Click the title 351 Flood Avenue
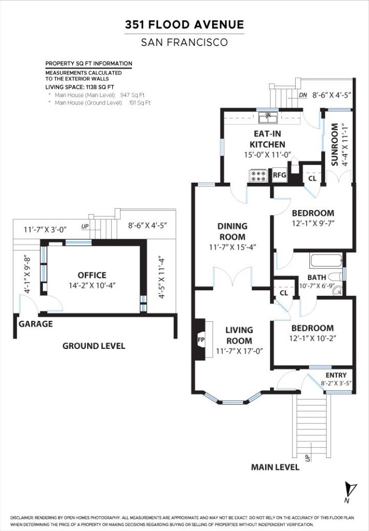[184, 24]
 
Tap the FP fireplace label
[201, 340]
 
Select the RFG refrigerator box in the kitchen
[280, 175]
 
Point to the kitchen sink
[268, 118]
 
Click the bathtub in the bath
[326, 261]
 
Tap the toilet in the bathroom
[335, 276]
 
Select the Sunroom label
[334, 145]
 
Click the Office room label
[92, 275]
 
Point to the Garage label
[36, 324]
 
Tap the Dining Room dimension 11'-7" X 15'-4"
[232, 247]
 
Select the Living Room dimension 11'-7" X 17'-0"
[240, 351]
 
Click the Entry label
[336, 375]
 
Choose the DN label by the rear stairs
[303, 95]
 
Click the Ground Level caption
[94, 346]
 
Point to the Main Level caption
[275, 467]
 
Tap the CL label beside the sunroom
[312, 178]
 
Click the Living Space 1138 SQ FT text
[80, 87]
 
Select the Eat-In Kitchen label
[267, 139]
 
